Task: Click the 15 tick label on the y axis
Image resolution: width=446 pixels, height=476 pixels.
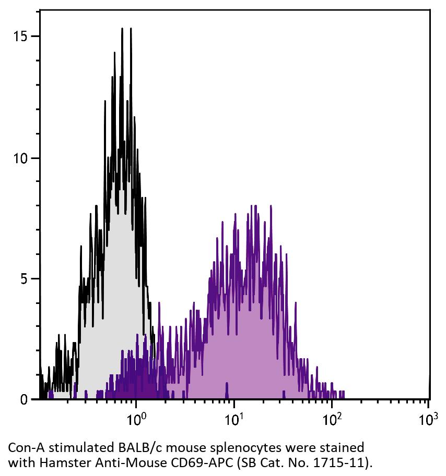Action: [x=19, y=36]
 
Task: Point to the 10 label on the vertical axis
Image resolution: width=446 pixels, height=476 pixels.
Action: [x=19, y=158]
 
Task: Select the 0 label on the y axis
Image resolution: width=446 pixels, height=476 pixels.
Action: [x=22, y=399]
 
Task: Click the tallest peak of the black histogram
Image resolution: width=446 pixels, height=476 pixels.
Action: [x=122, y=29]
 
